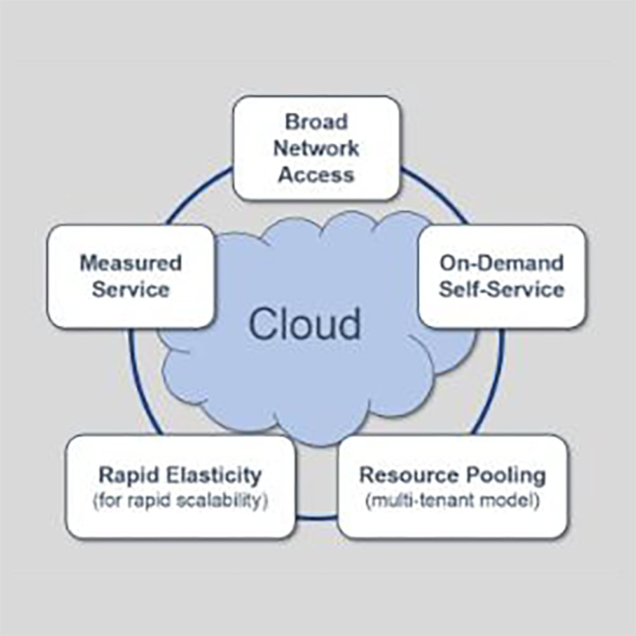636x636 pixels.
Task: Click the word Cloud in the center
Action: tap(304, 324)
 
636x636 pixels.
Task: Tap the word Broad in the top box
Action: tap(316, 121)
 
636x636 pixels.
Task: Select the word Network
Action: tap(316, 148)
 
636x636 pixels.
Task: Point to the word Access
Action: tap(316, 175)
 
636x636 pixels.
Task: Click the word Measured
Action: tap(130, 263)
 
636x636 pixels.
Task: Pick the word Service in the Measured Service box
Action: tap(130, 290)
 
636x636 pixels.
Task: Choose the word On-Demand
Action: tap(502, 263)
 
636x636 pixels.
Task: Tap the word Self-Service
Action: tap(502, 290)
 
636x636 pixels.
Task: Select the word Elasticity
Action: tap(211, 474)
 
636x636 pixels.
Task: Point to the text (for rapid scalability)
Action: tap(180, 501)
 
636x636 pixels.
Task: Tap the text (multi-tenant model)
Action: tap(453, 501)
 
